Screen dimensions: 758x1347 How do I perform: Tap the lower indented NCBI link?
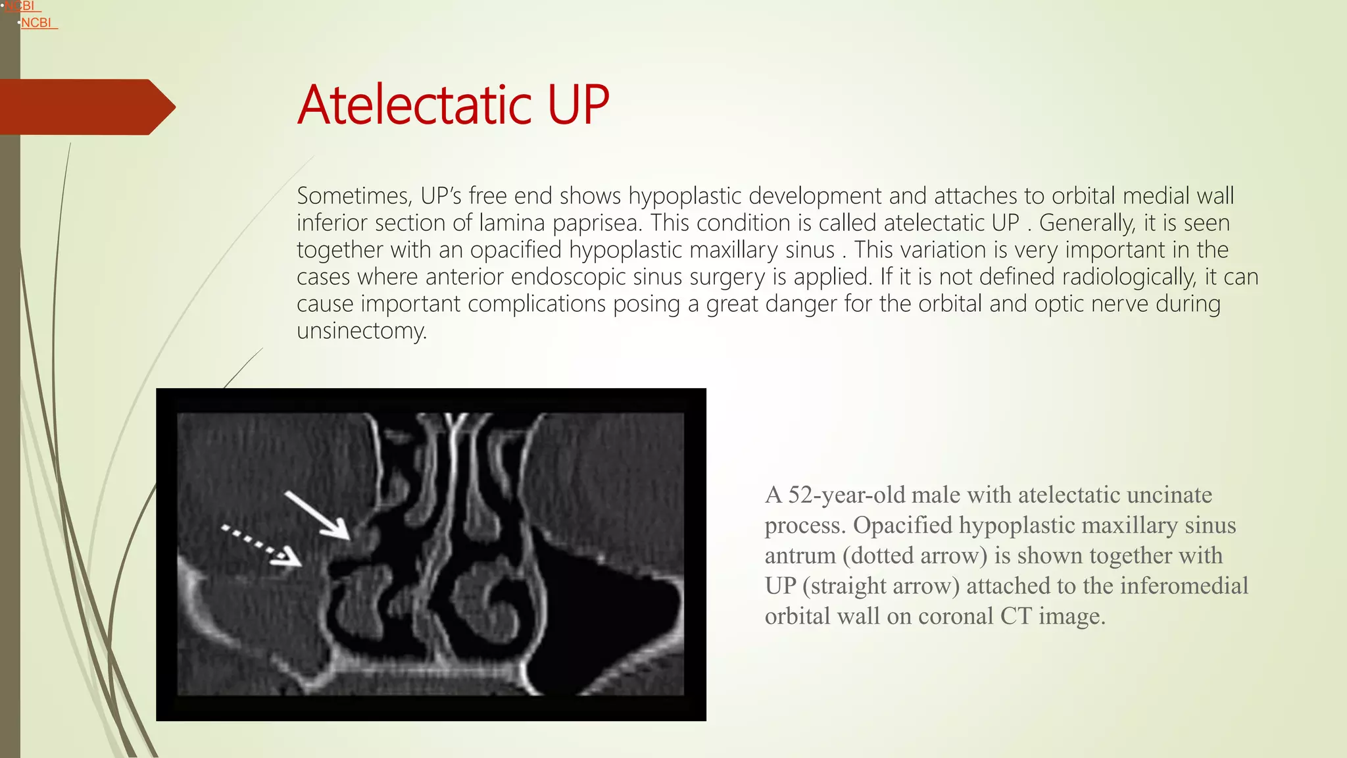tap(36, 23)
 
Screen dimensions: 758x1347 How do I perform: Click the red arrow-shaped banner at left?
tap(86, 107)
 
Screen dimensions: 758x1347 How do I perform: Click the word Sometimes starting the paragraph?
tap(354, 196)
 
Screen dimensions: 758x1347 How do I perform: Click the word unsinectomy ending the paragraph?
tap(361, 331)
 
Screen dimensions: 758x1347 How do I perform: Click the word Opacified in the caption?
tap(902, 525)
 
